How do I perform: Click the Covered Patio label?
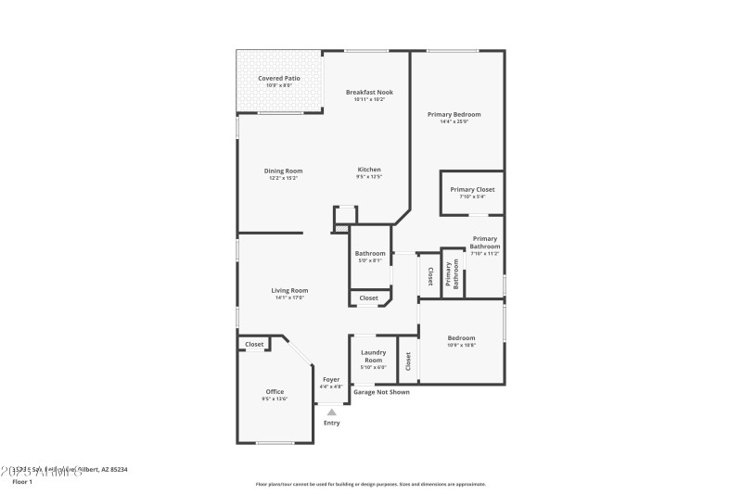coord(279,79)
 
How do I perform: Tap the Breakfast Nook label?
coord(369,92)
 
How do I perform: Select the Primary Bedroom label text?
coord(454,114)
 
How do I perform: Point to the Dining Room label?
coord(283,171)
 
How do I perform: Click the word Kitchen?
coord(369,170)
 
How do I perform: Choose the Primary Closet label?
coord(472,189)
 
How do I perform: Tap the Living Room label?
coord(289,290)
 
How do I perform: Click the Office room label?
coord(275,391)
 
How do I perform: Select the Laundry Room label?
coord(373,356)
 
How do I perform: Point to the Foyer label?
coord(331,379)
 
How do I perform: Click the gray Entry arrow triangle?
coord(331,412)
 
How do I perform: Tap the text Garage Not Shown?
coord(381,392)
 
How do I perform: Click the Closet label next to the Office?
coord(254,344)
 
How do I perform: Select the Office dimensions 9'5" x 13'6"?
coord(275,399)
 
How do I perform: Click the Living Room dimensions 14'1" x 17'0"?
coord(289,298)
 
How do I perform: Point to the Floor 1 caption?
coord(22,482)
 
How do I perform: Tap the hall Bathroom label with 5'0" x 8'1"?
coord(370,253)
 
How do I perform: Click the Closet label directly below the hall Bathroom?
coord(368,298)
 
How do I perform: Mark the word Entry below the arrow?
coord(331,423)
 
